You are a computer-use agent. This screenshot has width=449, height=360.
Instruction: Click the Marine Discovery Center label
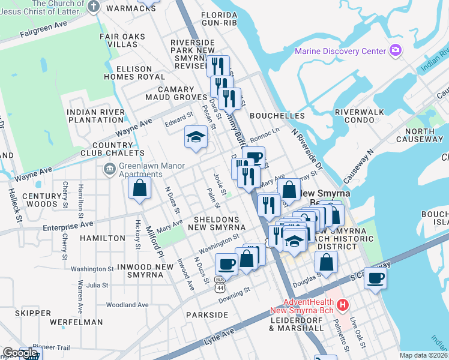(x=340, y=50)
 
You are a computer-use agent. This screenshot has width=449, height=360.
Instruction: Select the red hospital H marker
(x=343, y=305)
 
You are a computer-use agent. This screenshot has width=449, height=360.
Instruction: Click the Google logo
(x=20, y=353)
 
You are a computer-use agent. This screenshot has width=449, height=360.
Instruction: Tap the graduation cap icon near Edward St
(x=195, y=137)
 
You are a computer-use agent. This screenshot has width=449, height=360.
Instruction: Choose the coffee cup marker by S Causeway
(x=375, y=278)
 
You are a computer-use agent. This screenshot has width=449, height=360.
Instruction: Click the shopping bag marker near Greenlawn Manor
(x=139, y=188)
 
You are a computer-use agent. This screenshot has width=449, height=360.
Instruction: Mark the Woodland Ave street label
(x=127, y=305)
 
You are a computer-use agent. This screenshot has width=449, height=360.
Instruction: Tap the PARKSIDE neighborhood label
(x=207, y=314)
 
